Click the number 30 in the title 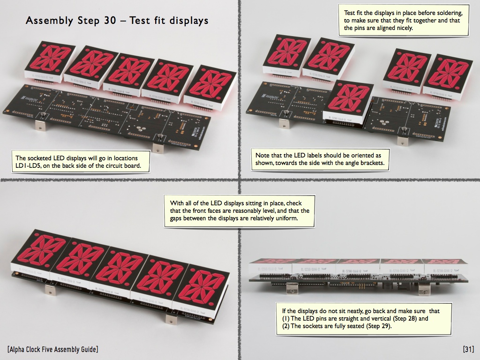coord(109,21)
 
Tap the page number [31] coord(468,349)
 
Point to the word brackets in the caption coord(372,163)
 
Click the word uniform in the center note coord(286,218)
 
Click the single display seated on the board coord(348,103)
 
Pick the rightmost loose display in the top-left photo coord(210,88)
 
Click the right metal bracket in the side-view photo coord(423,288)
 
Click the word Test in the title coord(141,21)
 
